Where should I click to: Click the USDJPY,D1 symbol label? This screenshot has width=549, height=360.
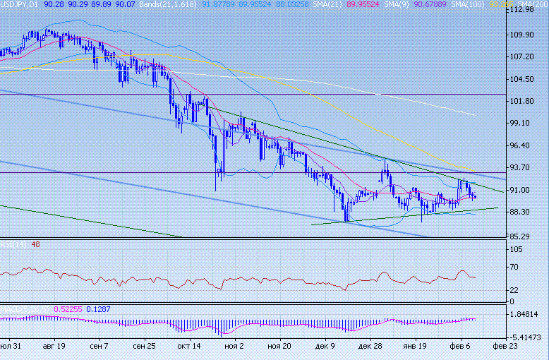pos(20,4)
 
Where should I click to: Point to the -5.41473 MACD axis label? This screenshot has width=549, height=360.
pos(528,338)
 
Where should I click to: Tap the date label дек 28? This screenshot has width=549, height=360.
pos(370,347)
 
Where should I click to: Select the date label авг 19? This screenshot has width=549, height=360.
pos(54,347)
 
